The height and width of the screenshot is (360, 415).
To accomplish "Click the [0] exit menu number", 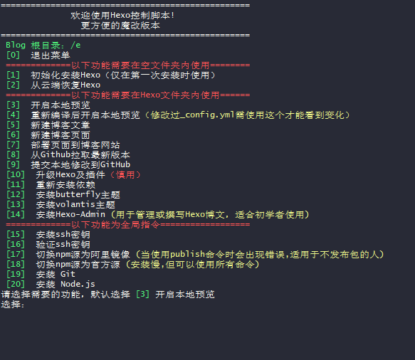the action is tap(13, 55).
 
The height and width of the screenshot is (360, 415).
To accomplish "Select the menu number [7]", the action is tap(13, 145).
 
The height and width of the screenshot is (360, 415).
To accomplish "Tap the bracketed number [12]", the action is tap(16, 195).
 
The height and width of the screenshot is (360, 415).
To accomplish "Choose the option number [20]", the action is tap(16, 285).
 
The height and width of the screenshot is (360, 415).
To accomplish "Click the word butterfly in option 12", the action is tap(78, 195).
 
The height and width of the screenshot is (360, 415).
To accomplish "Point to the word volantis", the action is tap(75, 204).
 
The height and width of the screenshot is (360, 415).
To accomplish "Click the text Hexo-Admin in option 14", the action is tap(80, 215).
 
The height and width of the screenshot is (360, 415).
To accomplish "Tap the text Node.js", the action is tap(78, 285).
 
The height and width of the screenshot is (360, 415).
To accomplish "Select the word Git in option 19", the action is tap(68, 275).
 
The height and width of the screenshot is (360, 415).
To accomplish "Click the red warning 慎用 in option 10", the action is tap(125, 175).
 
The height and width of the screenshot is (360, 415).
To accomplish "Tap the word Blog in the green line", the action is tap(16, 46).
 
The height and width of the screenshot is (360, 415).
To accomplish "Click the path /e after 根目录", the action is tap(75, 46).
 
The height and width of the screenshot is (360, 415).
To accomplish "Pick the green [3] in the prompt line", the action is tap(142, 295).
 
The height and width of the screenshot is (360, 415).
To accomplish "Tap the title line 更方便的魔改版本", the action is tap(120, 26).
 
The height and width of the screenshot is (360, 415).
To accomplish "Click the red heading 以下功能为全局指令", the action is tap(115, 225).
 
